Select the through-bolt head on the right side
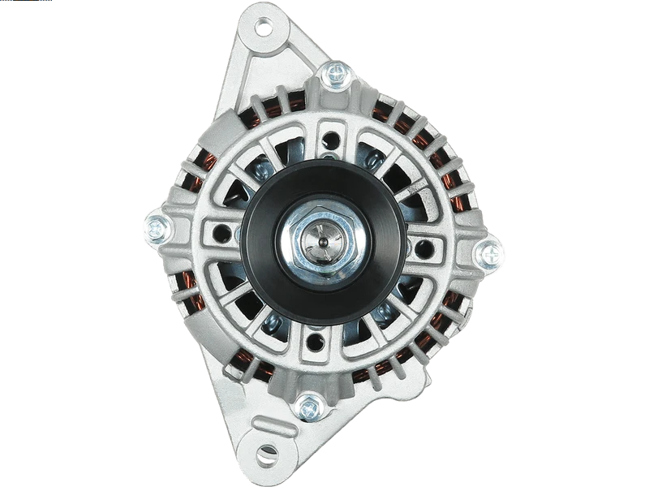click(x=490, y=255)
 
